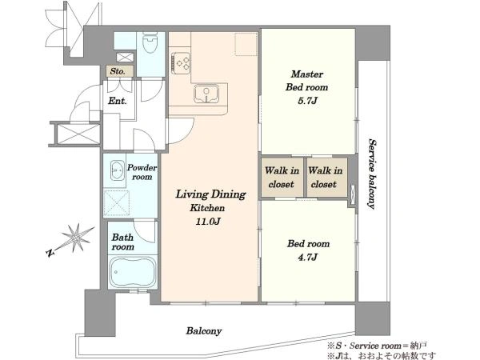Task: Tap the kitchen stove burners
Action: pyautogui.click(x=181, y=63)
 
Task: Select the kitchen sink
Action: pyautogui.click(x=206, y=94)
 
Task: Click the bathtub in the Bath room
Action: pyautogui.click(x=133, y=272)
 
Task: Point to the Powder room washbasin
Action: pyautogui.click(x=117, y=170)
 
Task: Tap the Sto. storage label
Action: pyautogui.click(x=118, y=71)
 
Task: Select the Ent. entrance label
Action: pyautogui.click(x=118, y=101)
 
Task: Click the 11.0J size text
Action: pyautogui.click(x=208, y=221)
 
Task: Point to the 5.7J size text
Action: pyautogui.click(x=307, y=101)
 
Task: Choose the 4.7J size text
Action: pyautogui.click(x=307, y=257)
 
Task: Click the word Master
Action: pyautogui.click(x=306, y=74)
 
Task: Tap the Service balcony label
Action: pyautogui.click(x=372, y=174)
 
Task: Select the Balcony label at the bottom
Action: pyautogui.click(x=204, y=331)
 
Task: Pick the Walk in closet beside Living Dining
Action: pyautogui.click(x=282, y=178)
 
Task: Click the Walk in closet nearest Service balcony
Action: pyautogui.click(x=325, y=178)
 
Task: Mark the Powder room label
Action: pyautogui.click(x=142, y=172)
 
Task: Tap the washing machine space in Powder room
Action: pyautogui.click(x=116, y=203)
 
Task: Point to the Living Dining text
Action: pyautogui.click(x=210, y=194)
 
